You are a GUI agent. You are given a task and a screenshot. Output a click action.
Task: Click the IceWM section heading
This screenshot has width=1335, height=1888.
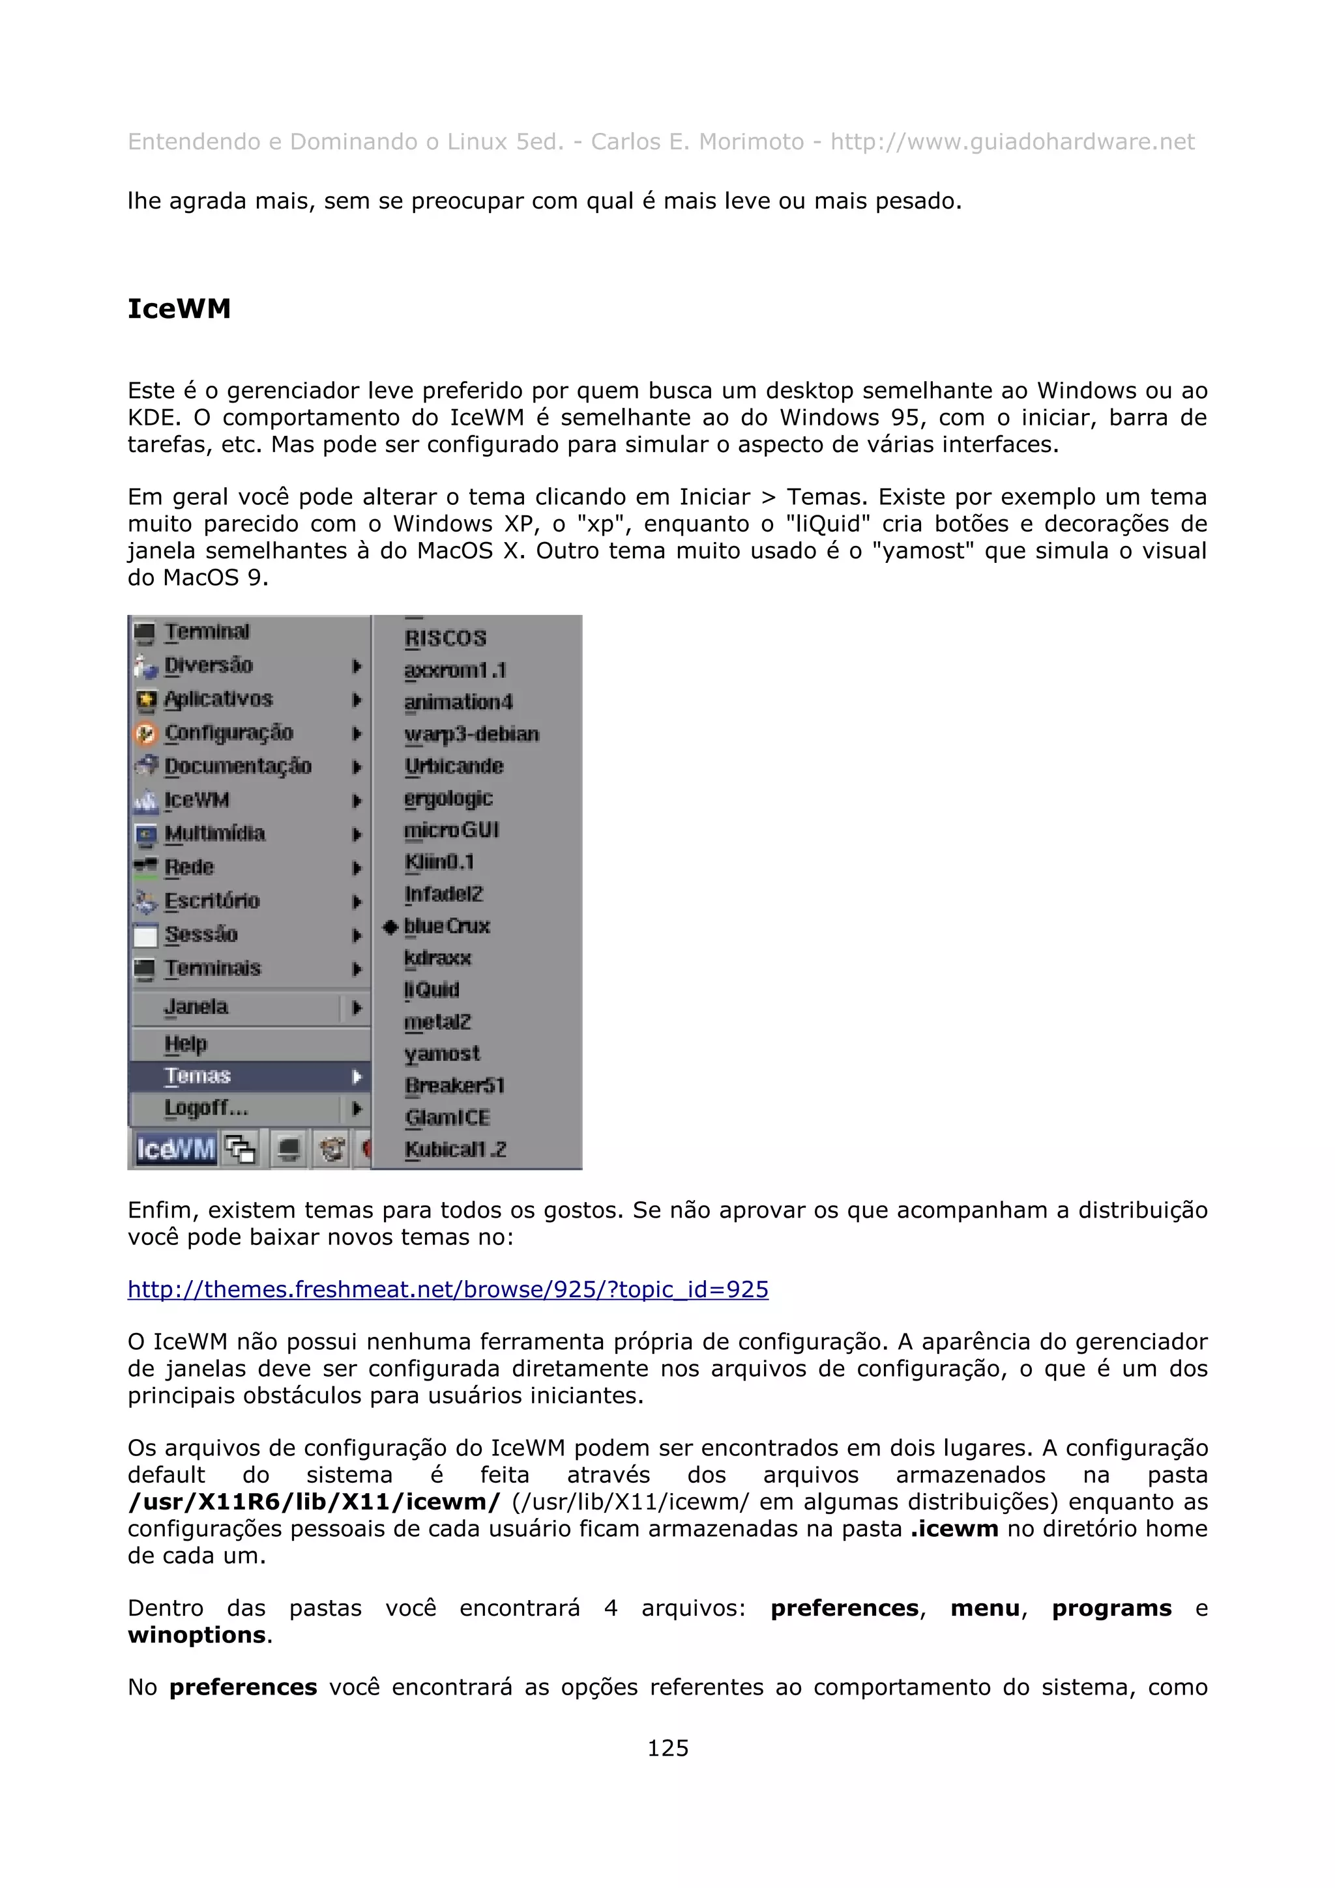tap(179, 309)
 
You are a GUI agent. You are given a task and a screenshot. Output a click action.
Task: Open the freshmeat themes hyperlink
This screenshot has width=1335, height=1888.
tap(447, 1289)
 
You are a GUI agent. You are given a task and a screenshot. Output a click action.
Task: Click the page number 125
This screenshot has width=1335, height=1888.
tap(667, 1747)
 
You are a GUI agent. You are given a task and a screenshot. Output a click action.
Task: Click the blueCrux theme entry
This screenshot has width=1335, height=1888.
tap(447, 926)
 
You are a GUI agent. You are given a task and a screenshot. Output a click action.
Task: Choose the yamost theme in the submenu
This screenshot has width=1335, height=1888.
tap(442, 1053)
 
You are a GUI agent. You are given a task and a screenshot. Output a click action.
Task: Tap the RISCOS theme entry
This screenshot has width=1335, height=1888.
tap(445, 638)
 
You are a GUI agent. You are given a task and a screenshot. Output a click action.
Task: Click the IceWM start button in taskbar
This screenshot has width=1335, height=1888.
tap(175, 1148)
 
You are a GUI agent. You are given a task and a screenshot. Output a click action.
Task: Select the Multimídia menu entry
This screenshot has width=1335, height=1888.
tap(214, 833)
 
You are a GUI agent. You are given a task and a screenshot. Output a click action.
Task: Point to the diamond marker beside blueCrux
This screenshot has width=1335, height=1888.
tap(390, 926)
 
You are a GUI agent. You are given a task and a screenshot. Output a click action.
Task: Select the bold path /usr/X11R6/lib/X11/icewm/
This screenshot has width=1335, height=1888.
tap(314, 1502)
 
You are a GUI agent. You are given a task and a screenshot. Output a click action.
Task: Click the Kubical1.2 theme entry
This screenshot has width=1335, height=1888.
tap(455, 1150)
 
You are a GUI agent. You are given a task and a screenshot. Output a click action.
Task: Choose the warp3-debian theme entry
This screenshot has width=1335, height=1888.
tap(471, 734)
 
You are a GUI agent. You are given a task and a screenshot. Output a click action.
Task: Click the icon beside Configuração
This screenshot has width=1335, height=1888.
tap(145, 733)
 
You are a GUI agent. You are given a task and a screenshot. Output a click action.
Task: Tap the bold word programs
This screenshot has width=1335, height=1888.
tap(1111, 1608)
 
